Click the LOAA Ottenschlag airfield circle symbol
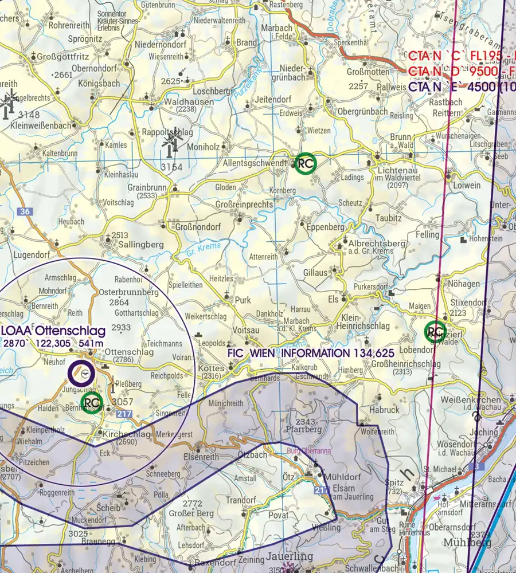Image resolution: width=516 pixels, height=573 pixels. click(81, 372)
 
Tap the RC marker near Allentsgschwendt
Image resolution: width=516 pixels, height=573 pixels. click(305, 163)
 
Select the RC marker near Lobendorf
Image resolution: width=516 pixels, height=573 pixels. click(435, 331)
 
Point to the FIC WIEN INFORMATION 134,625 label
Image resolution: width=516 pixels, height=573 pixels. click(311, 354)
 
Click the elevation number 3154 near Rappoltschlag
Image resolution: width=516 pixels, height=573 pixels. click(171, 167)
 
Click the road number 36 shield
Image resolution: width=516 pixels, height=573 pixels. click(24, 212)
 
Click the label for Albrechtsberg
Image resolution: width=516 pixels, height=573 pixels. click(377, 244)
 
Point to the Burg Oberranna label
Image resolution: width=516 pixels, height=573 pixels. click(310, 451)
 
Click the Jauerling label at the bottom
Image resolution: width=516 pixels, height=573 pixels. click(290, 556)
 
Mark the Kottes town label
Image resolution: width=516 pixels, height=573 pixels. click(210, 368)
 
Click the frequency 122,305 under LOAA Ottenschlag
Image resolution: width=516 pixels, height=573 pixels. click(54, 343)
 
